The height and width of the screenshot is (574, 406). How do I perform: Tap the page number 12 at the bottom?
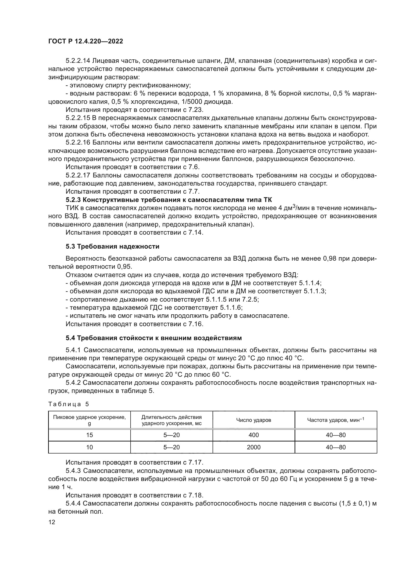click(x=52, y=522)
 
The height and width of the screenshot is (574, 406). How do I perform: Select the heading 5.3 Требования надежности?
click(x=112, y=246)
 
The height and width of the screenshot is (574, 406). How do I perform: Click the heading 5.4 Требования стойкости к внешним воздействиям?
click(x=154, y=338)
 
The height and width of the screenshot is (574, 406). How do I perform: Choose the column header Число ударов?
click(x=254, y=420)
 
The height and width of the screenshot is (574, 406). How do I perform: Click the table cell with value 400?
click(x=254, y=435)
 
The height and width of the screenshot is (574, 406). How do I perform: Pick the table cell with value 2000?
click(x=254, y=447)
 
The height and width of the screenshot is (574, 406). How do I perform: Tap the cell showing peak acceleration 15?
click(x=89, y=435)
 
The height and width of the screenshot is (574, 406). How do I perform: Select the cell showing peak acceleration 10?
click(x=89, y=447)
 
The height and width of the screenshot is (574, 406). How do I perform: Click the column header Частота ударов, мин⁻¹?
click(x=336, y=420)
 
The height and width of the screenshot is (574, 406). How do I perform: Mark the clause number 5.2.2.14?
click(x=78, y=61)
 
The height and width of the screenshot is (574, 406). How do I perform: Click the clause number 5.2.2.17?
click(x=78, y=175)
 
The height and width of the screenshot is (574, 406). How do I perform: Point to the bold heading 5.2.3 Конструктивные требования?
click(x=169, y=200)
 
